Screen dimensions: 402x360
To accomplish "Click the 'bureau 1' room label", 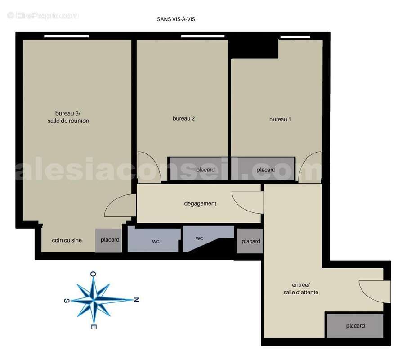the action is click(280, 119).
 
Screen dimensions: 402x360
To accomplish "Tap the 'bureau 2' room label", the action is click(183, 118).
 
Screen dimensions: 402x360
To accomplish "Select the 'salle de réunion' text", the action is click(68, 121).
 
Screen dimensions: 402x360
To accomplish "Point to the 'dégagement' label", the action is click(200, 204).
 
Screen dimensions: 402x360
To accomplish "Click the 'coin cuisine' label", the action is click(67, 240).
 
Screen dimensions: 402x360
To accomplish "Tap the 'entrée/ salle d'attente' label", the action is click(301, 288).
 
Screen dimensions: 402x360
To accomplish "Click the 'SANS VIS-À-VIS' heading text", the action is click(176, 19).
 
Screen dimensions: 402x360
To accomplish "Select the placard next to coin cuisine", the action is click(109, 240).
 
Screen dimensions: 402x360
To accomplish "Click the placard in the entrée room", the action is click(355, 326).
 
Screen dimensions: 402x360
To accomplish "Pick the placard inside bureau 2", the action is click(199, 169).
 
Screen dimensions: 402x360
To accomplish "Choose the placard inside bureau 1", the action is click(263, 169).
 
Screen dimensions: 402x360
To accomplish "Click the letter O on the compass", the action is click(93, 274).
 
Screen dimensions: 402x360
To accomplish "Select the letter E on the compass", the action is click(94, 327).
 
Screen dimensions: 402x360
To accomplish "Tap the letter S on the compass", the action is click(67, 301).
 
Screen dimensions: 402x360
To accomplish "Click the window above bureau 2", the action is click(203, 36).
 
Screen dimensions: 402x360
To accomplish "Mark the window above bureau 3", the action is click(67, 36).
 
